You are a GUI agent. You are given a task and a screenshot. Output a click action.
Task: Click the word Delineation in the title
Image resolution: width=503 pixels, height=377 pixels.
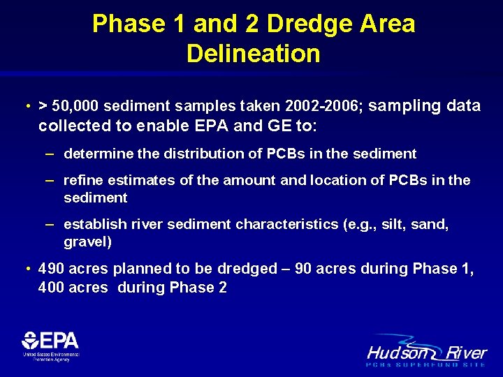point(253,54)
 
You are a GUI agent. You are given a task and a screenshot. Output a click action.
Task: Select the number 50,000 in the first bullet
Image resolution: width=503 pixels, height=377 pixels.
point(77,106)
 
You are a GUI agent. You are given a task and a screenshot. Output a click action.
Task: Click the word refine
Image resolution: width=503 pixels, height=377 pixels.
point(81,181)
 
